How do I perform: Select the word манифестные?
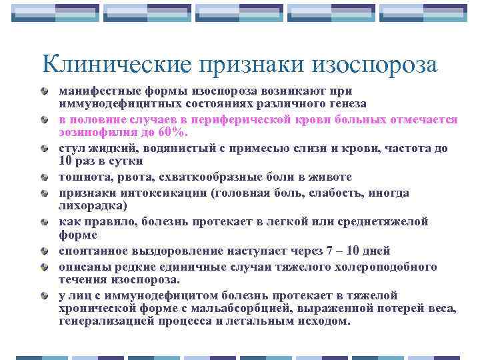coord(91,91)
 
